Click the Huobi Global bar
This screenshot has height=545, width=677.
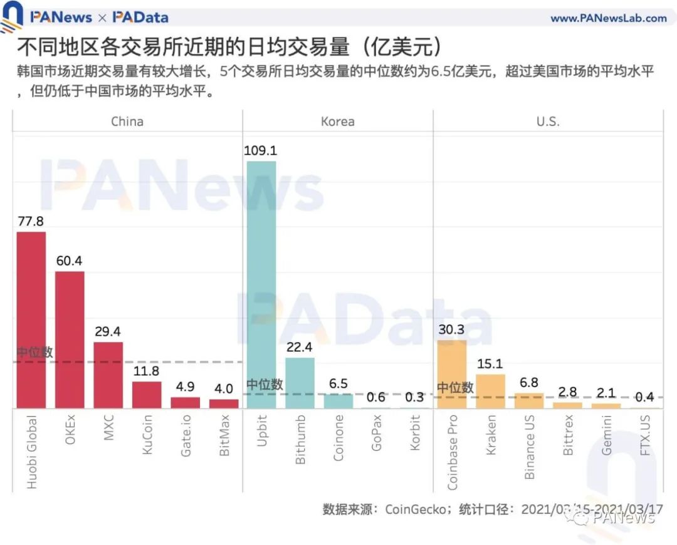click(x=31, y=320)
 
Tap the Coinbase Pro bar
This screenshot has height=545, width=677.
click(x=452, y=374)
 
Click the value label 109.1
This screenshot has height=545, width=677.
click(x=261, y=151)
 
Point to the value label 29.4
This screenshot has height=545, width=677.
click(x=108, y=332)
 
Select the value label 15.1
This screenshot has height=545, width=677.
click(x=490, y=364)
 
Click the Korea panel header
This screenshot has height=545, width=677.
click(x=337, y=122)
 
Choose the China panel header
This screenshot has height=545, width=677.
click(x=127, y=122)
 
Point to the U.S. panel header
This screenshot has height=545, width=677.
click(x=548, y=122)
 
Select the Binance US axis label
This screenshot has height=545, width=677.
click(x=530, y=447)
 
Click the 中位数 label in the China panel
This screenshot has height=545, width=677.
click(x=34, y=352)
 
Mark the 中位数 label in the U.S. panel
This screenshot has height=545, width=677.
click(x=455, y=388)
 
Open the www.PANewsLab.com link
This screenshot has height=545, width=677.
click(x=608, y=18)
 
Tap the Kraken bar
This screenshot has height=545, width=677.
click(x=490, y=392)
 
